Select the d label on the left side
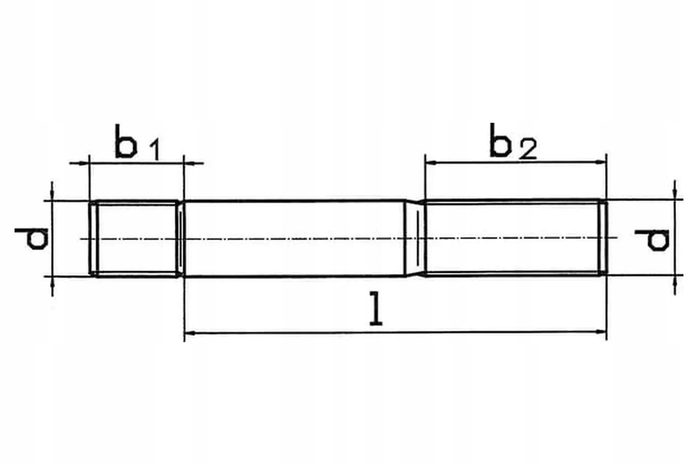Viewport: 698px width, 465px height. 31,239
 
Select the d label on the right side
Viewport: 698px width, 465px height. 652,240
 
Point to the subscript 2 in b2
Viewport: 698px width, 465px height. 528,150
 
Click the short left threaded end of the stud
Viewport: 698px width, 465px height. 136,238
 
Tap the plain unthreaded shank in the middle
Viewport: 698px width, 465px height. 294,238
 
